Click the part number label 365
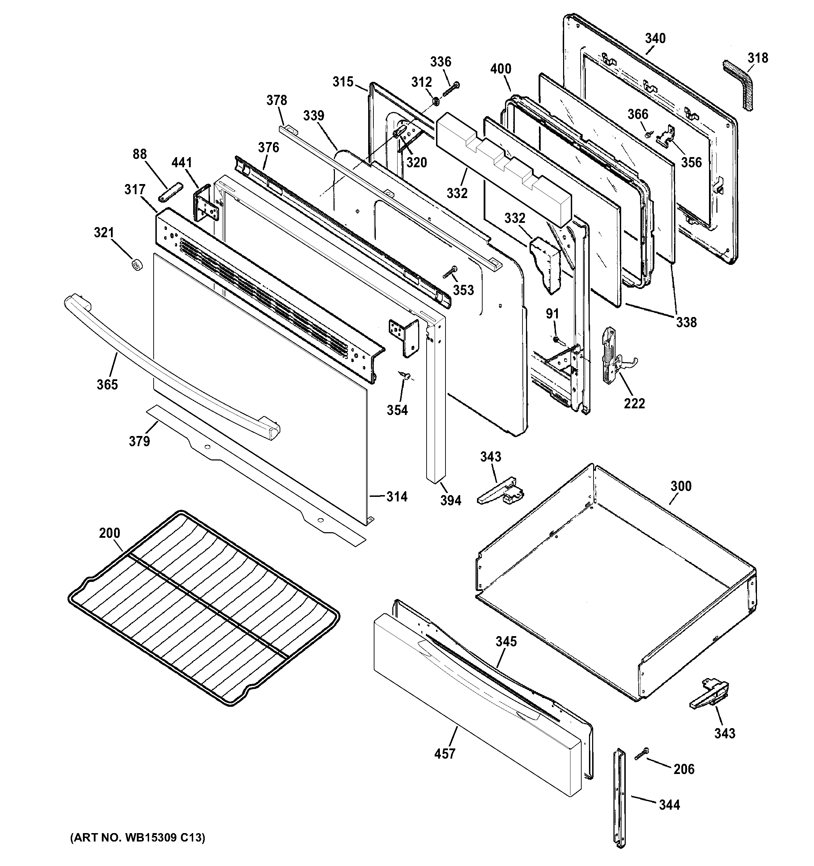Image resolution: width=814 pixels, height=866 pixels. tap(107, 384)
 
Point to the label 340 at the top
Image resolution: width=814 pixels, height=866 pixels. tap(655, 38)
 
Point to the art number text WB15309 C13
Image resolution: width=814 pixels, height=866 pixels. tap(137, 837)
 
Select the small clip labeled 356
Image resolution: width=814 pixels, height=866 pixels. tap(668, 135)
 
